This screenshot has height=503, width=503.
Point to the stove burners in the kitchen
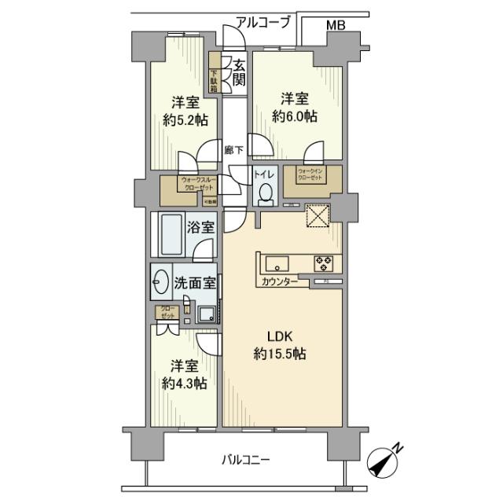tap(324, 263)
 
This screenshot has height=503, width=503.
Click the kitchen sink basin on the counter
tap(278, 262)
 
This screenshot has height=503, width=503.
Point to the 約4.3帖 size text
tap(185, 384)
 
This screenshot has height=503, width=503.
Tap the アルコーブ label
tap(266, 24)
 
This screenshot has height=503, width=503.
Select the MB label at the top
tap(336, 26)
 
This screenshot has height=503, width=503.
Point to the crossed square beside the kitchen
tap(318, 215)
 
